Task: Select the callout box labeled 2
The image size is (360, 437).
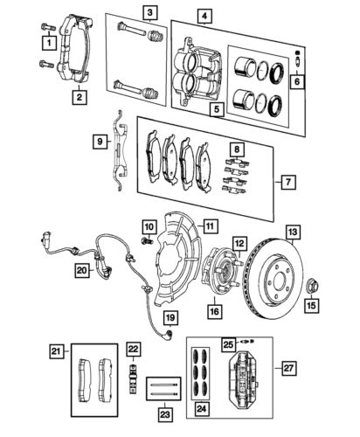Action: pyautogui.click(x=80, y=98)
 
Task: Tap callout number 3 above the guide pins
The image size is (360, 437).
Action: pyautogui.click(x=150, y=12)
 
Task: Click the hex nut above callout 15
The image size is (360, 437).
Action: pyautogui.click(x=314, y=284)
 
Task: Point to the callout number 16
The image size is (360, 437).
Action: pyautogui.click(x=212, y=309)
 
